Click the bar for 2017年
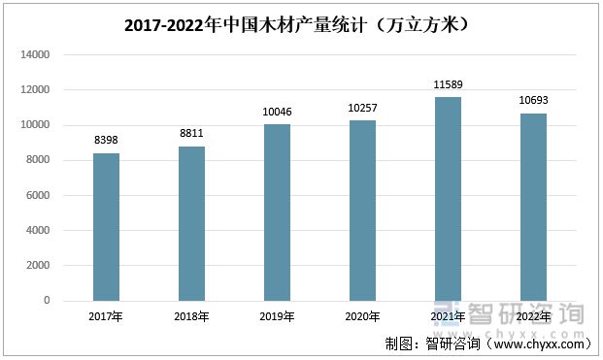point(106,227)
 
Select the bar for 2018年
point(191,223)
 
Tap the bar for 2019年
point(277,213)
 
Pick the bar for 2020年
point(362,211)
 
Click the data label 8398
point(106,140)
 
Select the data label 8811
point(191,133)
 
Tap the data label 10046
point(277,112)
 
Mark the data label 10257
point(362,108)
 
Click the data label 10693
point(533,100)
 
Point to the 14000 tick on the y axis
point(35,55)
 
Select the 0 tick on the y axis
point(47,301)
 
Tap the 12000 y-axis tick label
point(35,90)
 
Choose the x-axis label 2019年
point(277,316)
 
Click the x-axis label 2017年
point(106,316)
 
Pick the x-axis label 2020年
point(362,316)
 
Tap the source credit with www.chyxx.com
point(487,344)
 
